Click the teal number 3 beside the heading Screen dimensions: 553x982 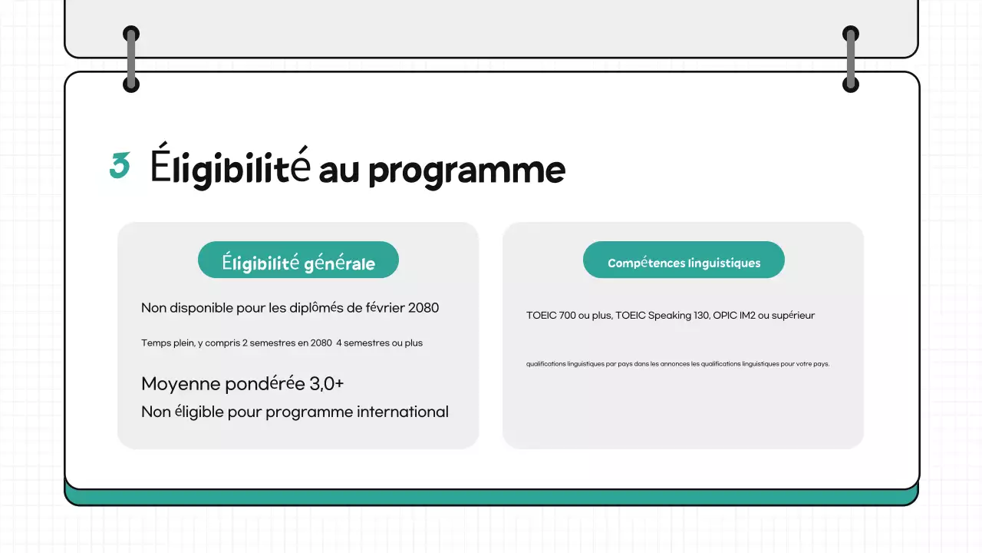point(120,166)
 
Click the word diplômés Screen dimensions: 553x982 point(317,308)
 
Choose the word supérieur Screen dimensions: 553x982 point(793,316)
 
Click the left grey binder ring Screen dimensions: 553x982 point(131,59)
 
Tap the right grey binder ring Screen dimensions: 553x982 point(850,59)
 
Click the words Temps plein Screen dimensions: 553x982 point(167,343)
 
